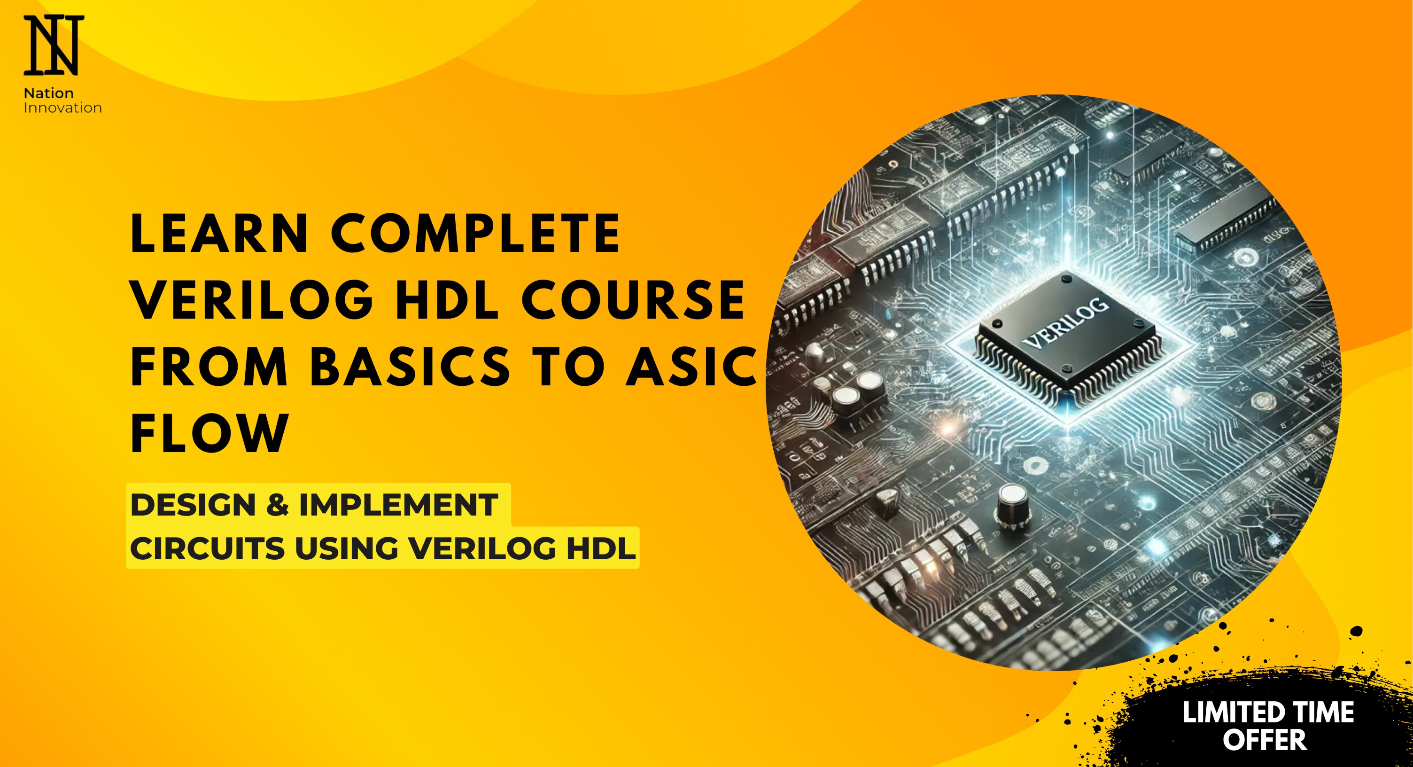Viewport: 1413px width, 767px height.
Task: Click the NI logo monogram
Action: point(54,45)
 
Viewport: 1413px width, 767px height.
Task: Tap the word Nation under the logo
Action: point(49,93)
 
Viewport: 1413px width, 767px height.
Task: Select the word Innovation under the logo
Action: point(62,108)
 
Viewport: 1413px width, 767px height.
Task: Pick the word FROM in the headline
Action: point(209,366)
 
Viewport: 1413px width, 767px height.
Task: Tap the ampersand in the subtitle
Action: point(278,505)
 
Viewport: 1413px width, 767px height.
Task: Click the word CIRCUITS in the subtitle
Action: point(207,548)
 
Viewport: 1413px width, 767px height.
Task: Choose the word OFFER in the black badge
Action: point(1265,740)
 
